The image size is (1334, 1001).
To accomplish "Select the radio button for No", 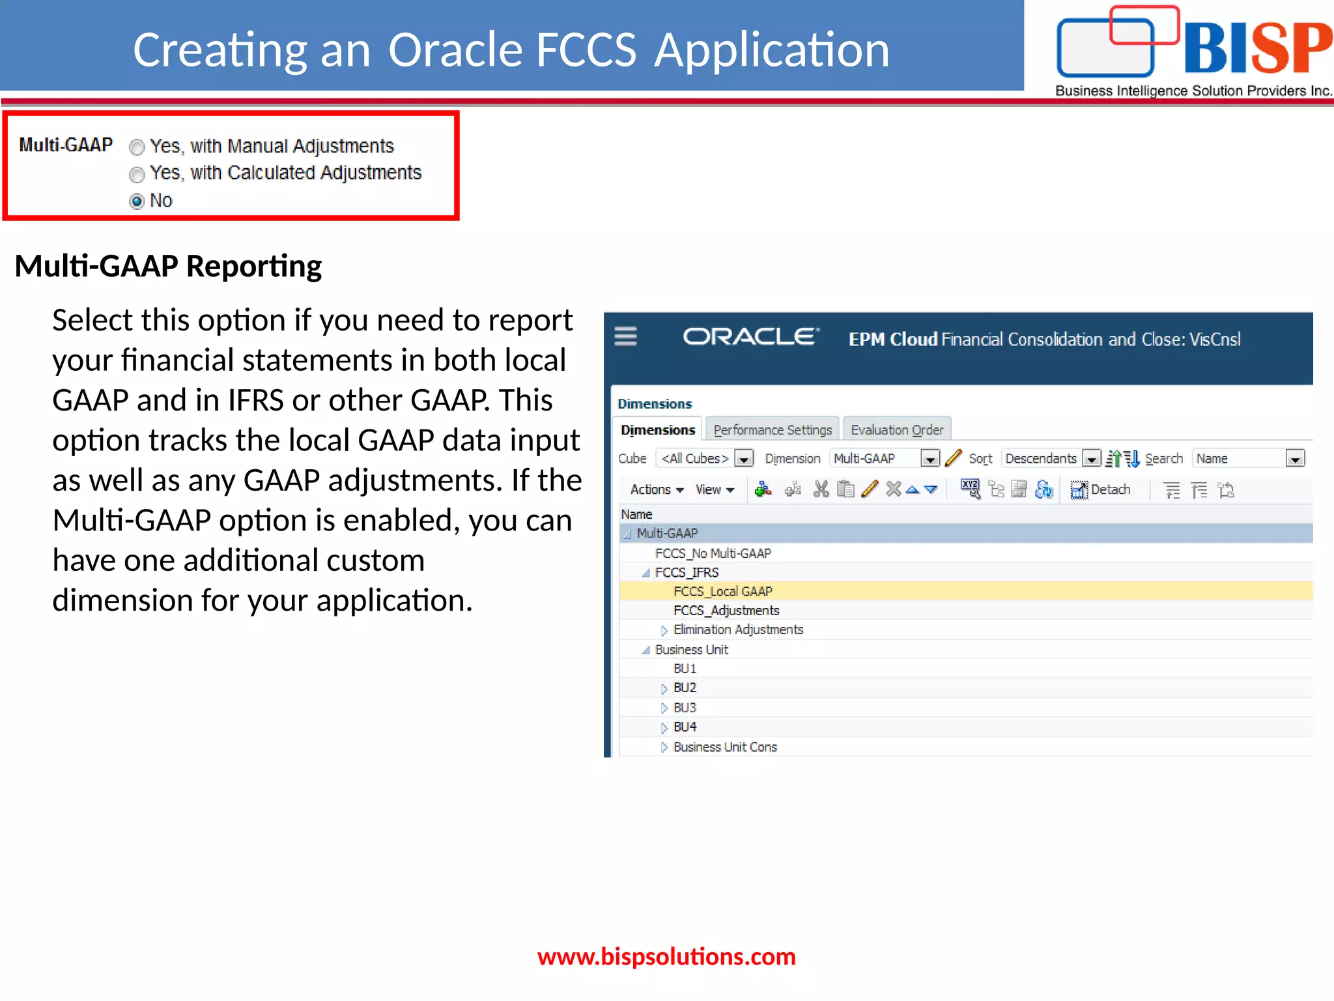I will pos(137,201).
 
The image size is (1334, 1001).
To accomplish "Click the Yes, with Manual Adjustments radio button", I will pos(137,147).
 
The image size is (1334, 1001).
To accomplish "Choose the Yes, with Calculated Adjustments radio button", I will pos(137,175).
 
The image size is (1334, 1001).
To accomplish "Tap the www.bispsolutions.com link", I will pos(666,956).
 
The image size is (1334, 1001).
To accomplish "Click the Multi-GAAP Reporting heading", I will pos(168,266).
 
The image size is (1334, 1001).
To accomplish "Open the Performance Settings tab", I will pos(773,430).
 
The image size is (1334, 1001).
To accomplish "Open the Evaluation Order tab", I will pos(897,430).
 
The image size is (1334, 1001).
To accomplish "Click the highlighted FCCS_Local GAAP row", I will pos(722,591).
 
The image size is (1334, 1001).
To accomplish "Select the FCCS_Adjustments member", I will pos(726,611).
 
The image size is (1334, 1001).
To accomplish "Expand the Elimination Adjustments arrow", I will pos(664,630).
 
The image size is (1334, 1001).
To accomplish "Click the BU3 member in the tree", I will pos(685,708).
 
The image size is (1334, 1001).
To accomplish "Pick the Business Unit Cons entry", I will pos(725,747).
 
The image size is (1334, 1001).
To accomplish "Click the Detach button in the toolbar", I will pos(1101,489).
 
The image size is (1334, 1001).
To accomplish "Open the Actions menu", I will pos(657,489).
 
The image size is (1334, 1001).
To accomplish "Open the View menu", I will pos(715,489).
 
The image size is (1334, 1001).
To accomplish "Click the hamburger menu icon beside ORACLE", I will pos(625,336).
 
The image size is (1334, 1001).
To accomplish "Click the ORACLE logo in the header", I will pos(750,337).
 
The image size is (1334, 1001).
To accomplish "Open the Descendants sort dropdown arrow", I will pos(1092,459).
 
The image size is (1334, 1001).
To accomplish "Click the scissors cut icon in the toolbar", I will pos(821,489).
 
